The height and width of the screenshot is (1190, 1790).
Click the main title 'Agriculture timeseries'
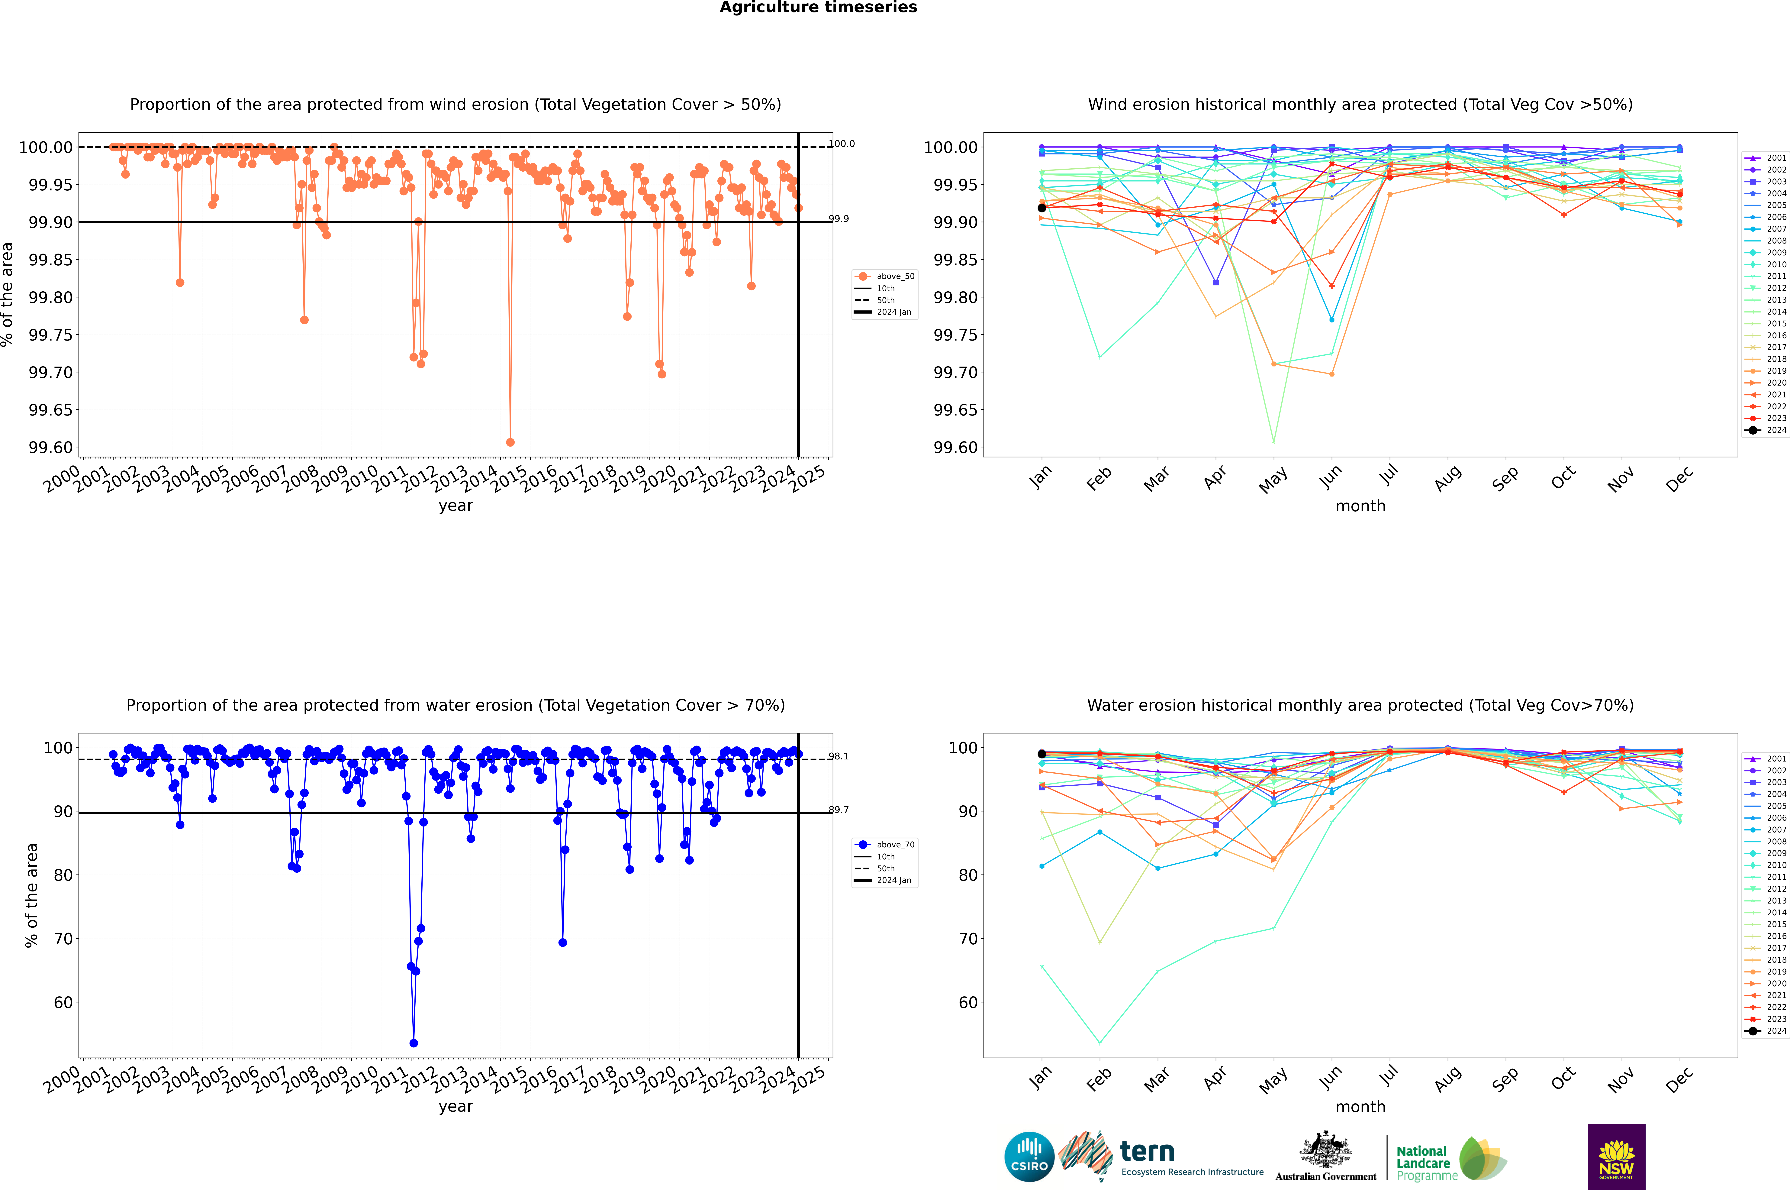tap(818, 8)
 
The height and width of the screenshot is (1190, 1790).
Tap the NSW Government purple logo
tap(1616, 1157)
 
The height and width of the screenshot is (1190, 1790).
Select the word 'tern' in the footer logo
tap(1147, 1152)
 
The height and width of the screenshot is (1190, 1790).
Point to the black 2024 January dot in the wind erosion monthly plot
tap(1042, 208)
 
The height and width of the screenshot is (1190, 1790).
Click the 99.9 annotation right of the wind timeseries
tap(839, 218)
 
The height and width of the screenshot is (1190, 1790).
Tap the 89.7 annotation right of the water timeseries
tap(839, 810)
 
